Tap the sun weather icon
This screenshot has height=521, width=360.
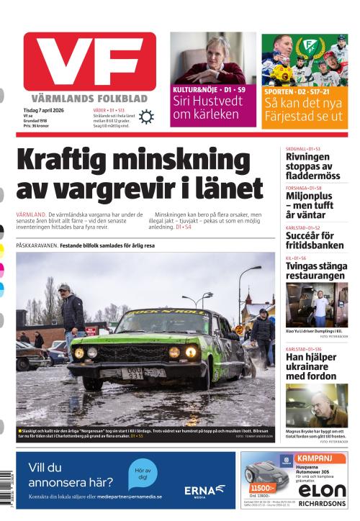146,117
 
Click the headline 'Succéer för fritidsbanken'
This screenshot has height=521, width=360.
310,240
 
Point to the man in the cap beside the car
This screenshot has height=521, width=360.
71,312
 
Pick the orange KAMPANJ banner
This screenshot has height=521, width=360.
321,458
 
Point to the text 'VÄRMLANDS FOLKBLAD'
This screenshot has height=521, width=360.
89,98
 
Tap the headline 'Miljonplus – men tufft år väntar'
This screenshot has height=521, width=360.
310,204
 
